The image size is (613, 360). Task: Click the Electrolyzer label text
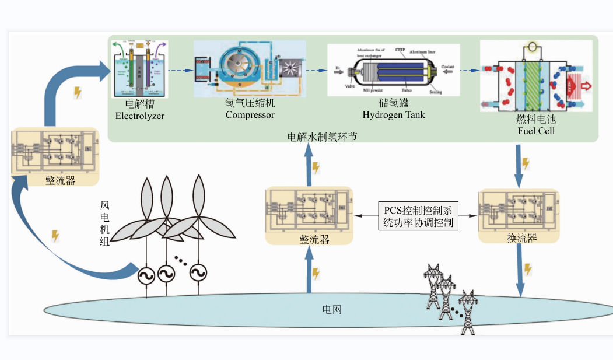(139, 116)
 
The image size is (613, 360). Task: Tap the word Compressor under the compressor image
(250, 115)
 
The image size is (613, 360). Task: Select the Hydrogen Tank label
(394, 115)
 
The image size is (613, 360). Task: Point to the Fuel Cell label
(536, 131)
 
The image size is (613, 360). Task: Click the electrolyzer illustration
(139, 68)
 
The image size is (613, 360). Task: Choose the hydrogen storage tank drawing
(394, 70)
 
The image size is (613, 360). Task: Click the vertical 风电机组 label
(105, 223)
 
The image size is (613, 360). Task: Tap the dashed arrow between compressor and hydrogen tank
(317, 71)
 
